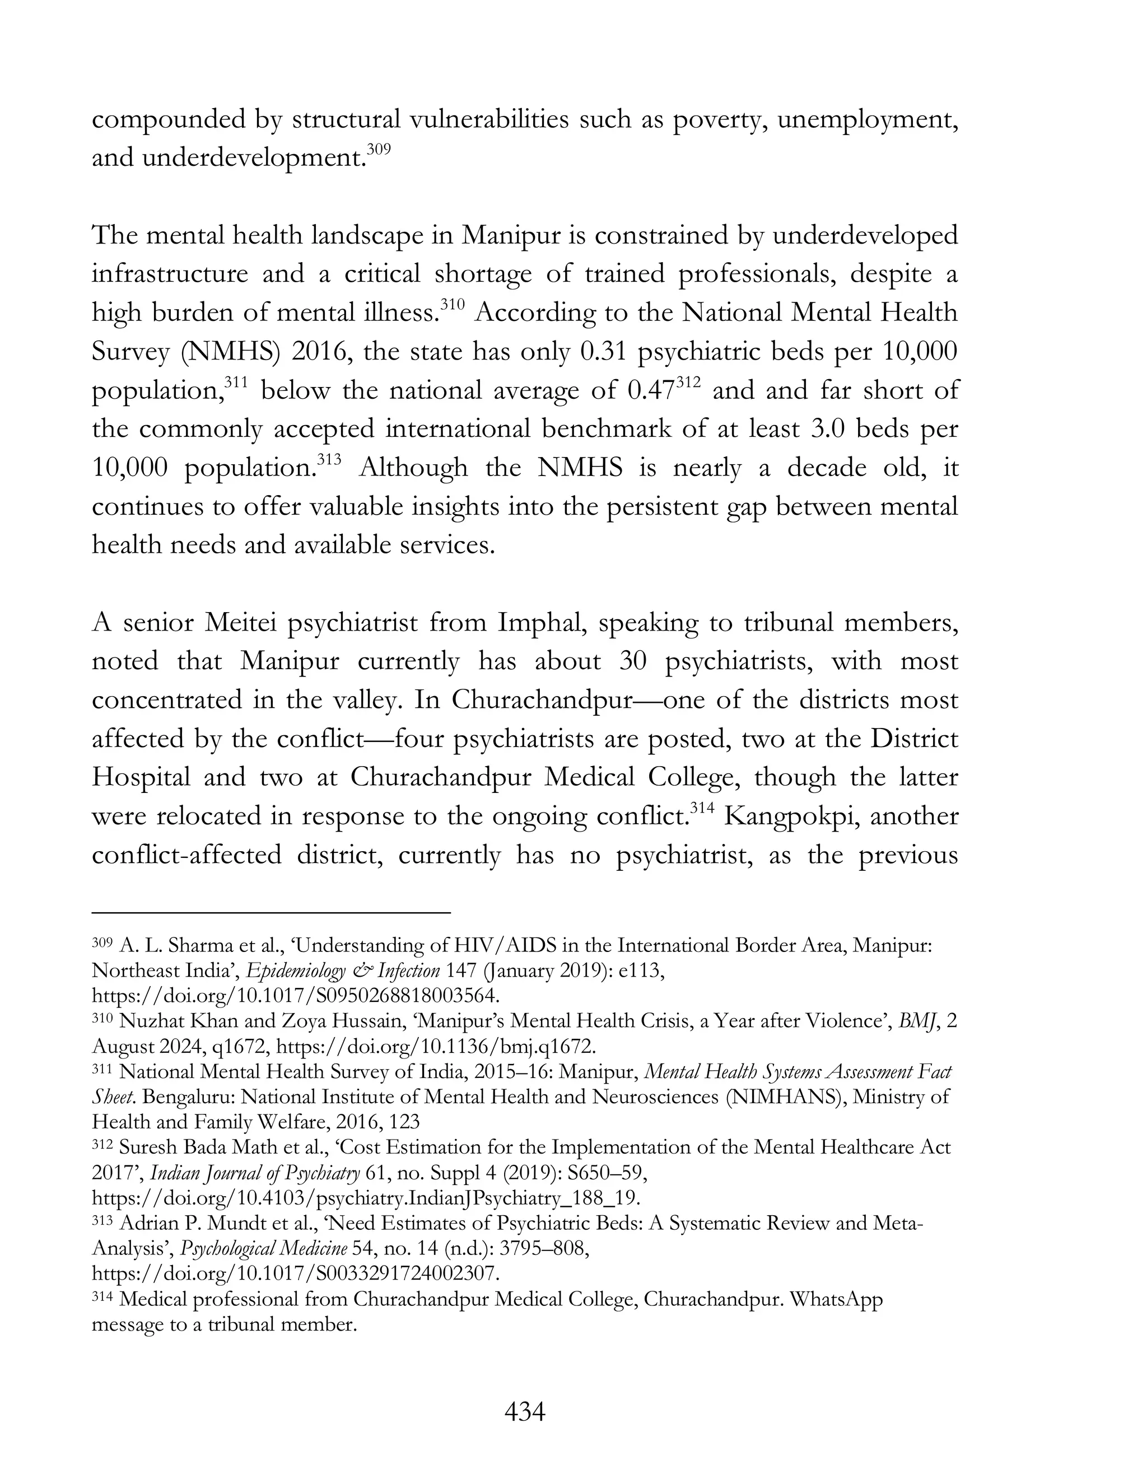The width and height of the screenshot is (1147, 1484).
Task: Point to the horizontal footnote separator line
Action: (271, 913)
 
